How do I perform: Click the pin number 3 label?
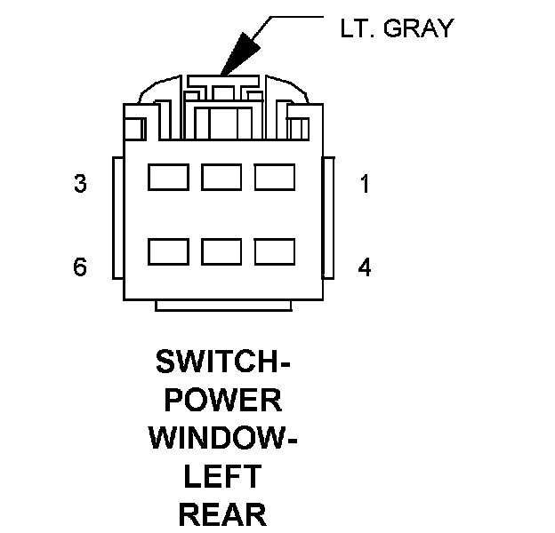pos(80,185)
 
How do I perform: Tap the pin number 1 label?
pos(364,185)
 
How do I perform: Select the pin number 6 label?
pos(80,266)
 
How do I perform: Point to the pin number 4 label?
pos(365,266)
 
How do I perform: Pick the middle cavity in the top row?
pos(221,178)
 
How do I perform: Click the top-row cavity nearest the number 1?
pos(274,178)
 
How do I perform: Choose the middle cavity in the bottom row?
pos(221,252)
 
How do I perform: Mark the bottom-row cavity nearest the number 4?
pos(274,252)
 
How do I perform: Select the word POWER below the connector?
pos(222,401)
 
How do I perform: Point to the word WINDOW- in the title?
pos(222,439)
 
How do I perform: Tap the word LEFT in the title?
pos(222,477)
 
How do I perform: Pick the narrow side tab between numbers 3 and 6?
pos(116,218)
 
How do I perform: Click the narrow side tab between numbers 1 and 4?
pos(326,218)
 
